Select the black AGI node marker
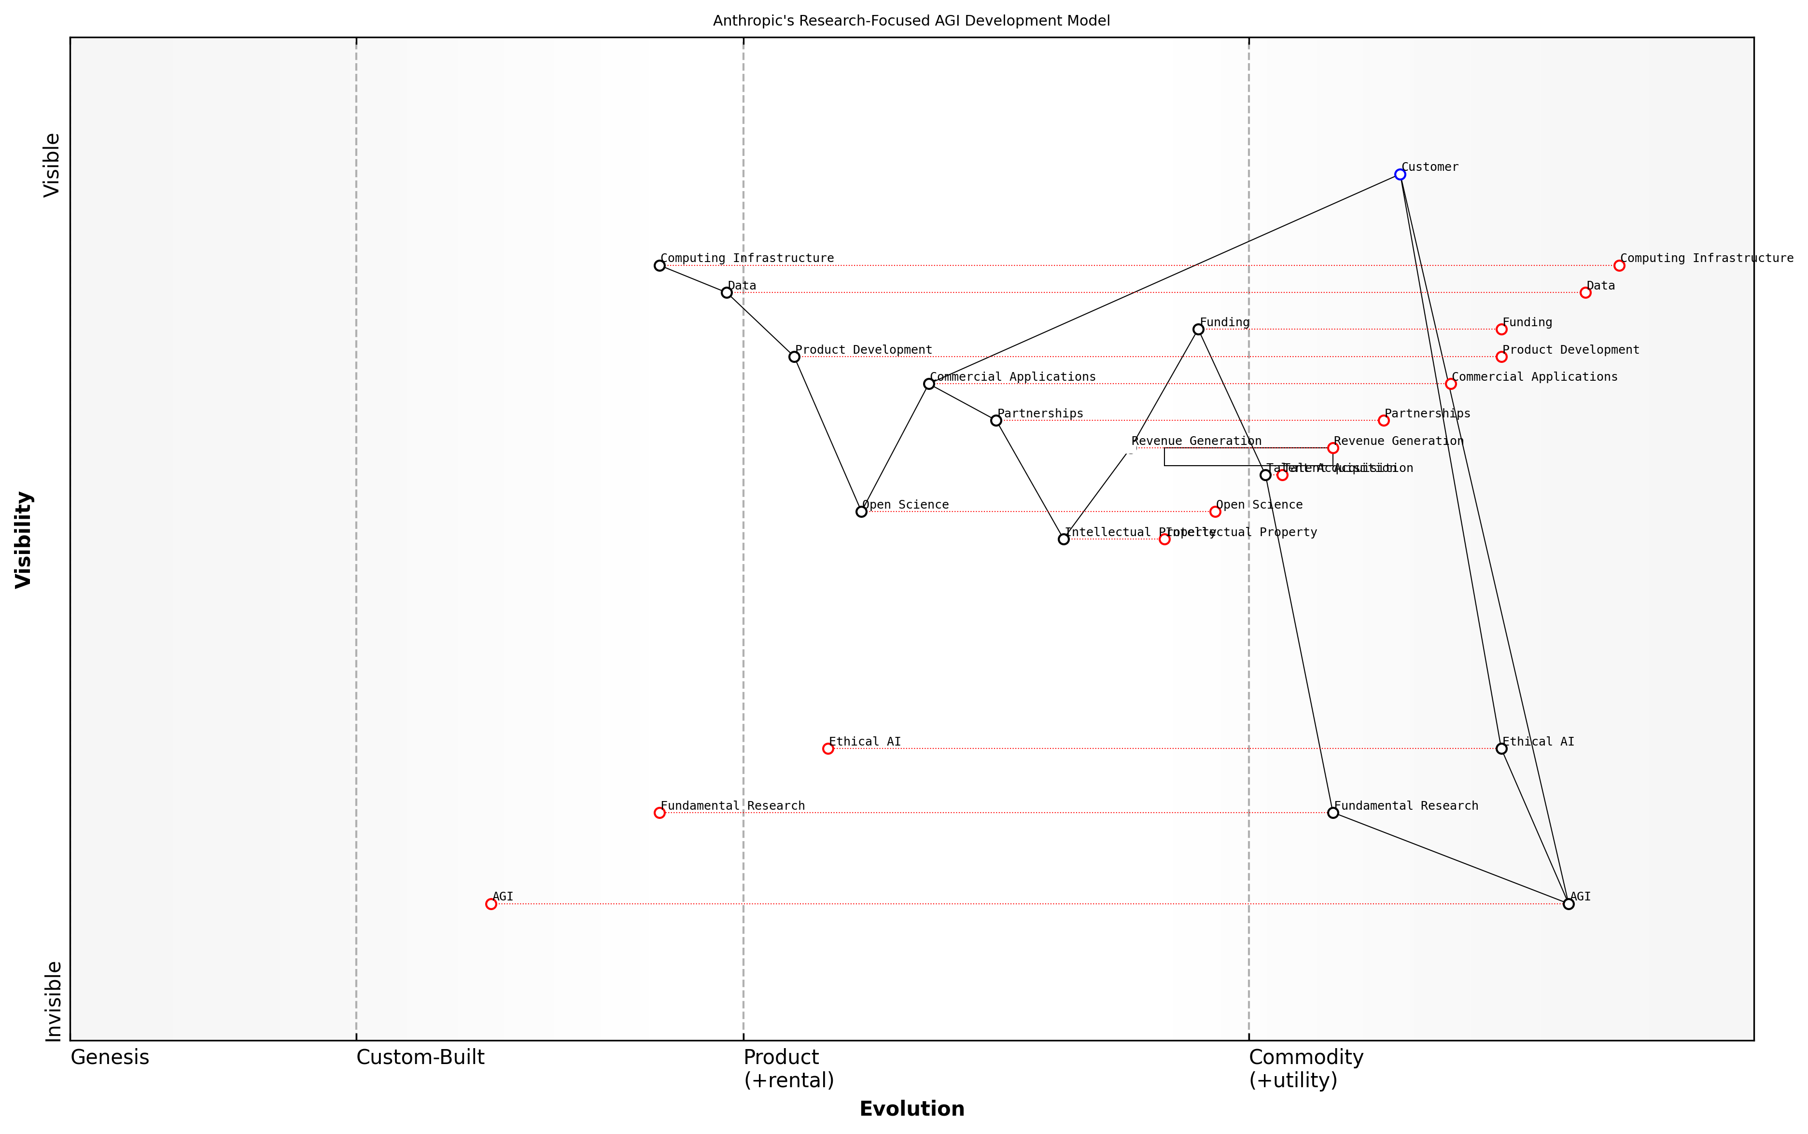point(1568,904)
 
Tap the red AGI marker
point(491,904)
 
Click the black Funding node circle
point(1198,329)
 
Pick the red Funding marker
point(1501,329)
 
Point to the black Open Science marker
point(861,512)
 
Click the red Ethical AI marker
point(827,748)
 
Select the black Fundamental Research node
point(1333,812)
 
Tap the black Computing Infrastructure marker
point(659,265)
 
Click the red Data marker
point(1585,292)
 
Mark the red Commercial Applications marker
point(1450,384)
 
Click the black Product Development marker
point(795,357)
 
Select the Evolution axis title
point(911,1108)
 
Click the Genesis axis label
point(110,1057)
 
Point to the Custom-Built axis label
point(420,1057)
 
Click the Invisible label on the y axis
point(53,1001)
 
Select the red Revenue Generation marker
point(1333,448)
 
